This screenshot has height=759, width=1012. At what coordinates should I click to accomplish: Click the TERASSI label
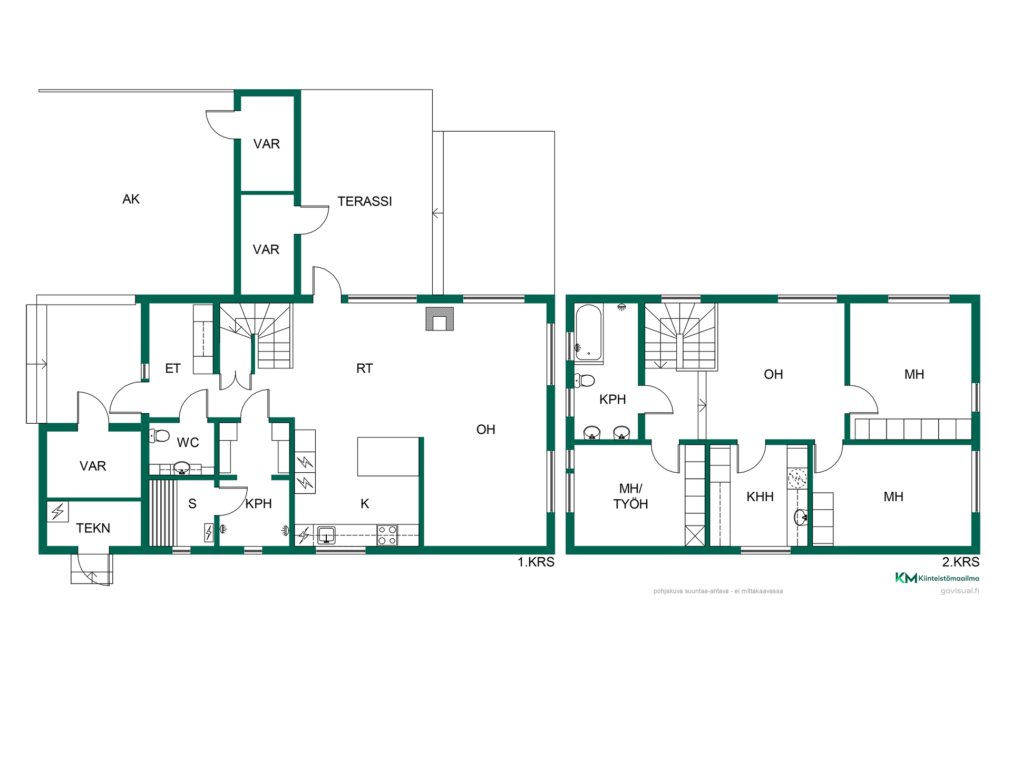click(365, 201)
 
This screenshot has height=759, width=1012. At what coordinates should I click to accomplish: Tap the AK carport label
click(131, 199)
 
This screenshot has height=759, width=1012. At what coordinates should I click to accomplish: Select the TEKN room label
click(93, 528)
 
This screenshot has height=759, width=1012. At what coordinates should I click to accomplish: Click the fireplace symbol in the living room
click(440, 319)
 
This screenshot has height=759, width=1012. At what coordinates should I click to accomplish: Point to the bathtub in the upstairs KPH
click(589, 333)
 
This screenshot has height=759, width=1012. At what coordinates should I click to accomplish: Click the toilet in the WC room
click(160, 435)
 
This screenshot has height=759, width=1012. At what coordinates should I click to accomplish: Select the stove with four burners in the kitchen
click(387, 535)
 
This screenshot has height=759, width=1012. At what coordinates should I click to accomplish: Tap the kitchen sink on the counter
click(326, 536)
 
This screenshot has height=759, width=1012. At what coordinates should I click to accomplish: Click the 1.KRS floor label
click(536, 562)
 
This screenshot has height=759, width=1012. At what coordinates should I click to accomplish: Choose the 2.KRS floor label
click(961, 562)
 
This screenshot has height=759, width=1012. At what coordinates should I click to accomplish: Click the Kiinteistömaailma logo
click(937, 578)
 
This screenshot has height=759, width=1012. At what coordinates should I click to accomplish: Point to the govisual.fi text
click(960, 591)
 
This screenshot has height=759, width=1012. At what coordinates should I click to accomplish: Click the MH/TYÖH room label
click(631, 497)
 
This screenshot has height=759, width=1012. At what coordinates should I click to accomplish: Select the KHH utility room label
click(760, 497)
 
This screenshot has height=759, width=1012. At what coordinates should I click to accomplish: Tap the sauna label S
click(192, 504)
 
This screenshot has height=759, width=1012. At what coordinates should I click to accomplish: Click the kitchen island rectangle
click(388, 456)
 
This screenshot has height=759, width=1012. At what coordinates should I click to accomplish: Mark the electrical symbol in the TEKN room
click(58, 511)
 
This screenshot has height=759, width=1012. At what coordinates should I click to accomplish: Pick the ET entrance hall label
click(173, 368)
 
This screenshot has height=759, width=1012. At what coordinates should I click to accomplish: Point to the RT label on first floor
click(365, 368)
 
